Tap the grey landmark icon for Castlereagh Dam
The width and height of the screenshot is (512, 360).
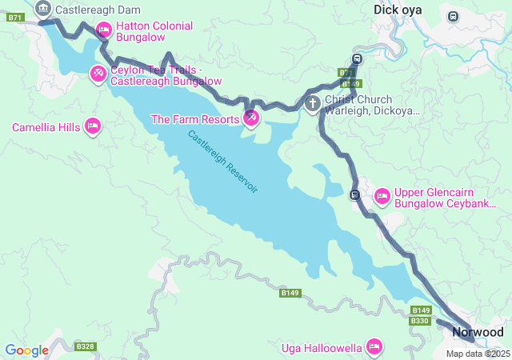tap(43, 10)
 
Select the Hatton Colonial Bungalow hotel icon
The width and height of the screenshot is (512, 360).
tap(103, 30)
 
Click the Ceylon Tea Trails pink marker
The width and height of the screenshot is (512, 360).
tap(98, 74)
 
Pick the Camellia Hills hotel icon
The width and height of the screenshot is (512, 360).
tap(92, 127)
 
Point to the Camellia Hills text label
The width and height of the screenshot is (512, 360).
tap(46, 127)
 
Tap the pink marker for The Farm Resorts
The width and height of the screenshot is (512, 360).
tap(250, 119)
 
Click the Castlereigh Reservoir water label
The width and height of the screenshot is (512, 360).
tap(223, 161)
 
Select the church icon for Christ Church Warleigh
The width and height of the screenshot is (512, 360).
tap(313, 103)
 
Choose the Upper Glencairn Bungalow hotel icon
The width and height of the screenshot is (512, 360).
tap(382, 196)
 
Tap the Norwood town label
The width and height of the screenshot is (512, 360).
tap(478, 332)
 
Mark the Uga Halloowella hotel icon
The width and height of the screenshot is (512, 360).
tap(373, 346)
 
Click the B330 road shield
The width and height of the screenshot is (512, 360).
tap(420, 321)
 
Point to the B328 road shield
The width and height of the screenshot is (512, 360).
tap(85, 346)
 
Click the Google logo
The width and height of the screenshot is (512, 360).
tap(27, 350)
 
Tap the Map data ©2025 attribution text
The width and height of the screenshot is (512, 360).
tap(478, 354)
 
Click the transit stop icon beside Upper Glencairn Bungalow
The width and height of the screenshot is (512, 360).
tap(354, 194)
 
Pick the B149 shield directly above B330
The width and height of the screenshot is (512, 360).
tap(421, 310)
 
